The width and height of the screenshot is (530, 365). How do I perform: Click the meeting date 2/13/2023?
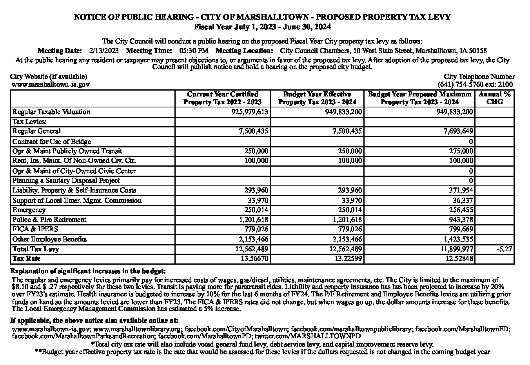[x=104, y=51]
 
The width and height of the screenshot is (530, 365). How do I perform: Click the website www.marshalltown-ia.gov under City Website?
[x=51, y=84]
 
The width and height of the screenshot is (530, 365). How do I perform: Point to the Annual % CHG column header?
[x=494, y=98]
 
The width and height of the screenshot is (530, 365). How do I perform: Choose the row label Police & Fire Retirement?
[x=49, y=220]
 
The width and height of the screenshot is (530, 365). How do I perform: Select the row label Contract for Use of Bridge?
[x=52, y=142]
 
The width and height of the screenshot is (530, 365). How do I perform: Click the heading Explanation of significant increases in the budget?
[x=88, y=271]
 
